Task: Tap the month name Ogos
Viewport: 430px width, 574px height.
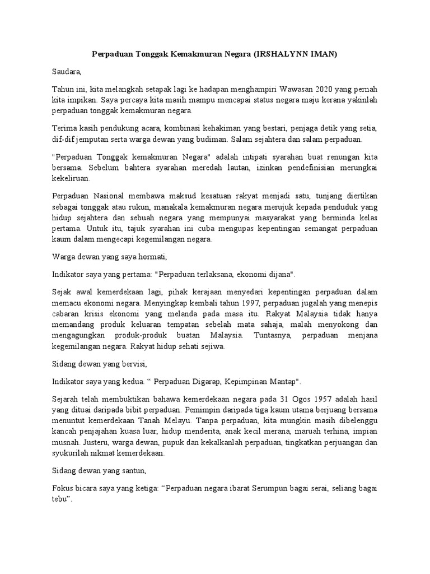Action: coord(293,400)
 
